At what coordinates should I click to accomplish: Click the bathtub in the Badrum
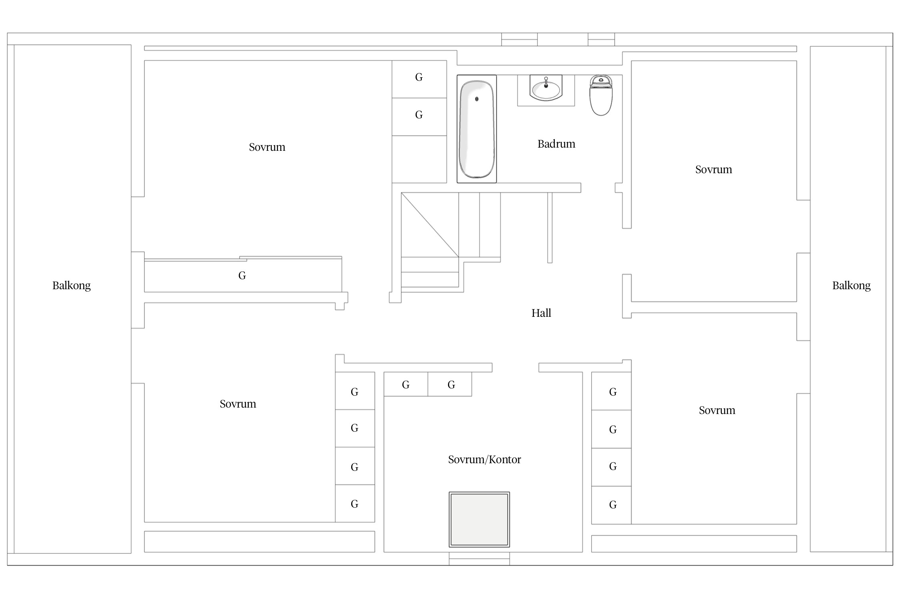click(476, 129)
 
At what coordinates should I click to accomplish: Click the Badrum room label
click(556, 144)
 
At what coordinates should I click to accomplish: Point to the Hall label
click(541, 313)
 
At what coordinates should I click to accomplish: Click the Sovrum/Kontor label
click(484, 459)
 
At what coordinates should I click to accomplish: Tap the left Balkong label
click(72, 286)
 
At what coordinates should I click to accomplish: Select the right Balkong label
click(851, 286)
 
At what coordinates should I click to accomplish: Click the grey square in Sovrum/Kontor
click(479, 519)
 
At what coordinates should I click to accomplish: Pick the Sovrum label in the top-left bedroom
click(267, 147)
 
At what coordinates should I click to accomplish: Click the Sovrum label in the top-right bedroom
click(714, 170)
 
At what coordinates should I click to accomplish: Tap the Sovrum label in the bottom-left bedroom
click(238, 404)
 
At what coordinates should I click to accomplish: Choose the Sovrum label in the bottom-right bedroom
click(717, 410)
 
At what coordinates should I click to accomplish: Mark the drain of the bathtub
click(477, 99)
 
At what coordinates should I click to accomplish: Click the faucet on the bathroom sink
click(546, 82)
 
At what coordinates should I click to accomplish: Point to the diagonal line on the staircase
click(430, 225)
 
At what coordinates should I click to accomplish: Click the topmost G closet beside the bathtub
click(419, 79)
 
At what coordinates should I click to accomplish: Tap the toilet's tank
click(601, 81)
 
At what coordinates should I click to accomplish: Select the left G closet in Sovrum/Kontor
click(406, 384)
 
